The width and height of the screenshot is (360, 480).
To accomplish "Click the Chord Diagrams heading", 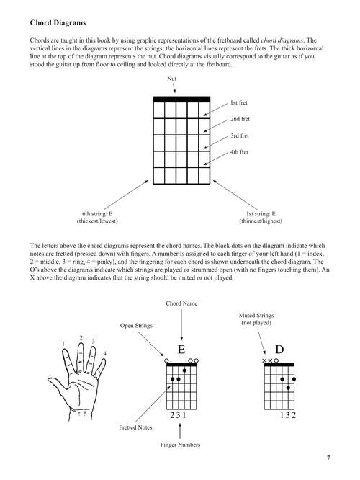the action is pos(58,22).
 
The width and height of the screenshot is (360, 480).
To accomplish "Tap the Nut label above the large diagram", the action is pos(171,79).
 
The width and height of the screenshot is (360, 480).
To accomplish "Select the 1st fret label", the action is pos(239,102).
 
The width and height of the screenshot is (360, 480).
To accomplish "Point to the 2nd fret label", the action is pos(240,119).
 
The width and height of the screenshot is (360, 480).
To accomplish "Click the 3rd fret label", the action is pos(240,135).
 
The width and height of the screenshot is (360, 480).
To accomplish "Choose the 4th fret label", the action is pos(239,152).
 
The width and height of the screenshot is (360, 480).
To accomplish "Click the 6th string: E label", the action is pos(97,213).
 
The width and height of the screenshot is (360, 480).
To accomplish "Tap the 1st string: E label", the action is pos(261,213).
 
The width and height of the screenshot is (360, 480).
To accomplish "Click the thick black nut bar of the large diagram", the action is pos(181,99).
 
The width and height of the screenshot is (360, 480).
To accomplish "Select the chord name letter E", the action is pos(181,350).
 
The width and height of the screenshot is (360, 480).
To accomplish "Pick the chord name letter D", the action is pos(279,350).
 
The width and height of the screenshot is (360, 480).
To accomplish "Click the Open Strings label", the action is pos(136,326).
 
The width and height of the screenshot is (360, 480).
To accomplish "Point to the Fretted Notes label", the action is pos(135,427).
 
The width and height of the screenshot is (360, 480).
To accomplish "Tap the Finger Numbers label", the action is pos(180,445).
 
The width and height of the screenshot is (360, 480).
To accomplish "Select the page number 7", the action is pos(328,458).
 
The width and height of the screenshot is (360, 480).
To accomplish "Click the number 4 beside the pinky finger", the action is pos(104,354).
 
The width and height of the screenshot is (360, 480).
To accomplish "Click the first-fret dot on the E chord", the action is pos(184,370).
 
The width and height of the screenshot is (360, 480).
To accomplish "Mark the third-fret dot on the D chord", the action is pos(288,388).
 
